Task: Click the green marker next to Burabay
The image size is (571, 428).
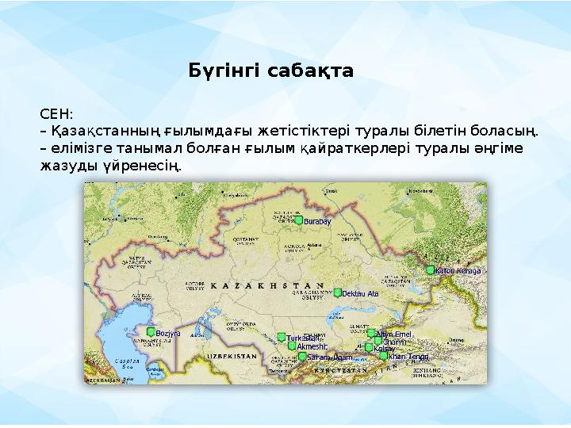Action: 299,221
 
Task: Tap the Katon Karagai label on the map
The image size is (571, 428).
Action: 458,270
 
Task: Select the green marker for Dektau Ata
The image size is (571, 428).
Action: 338,293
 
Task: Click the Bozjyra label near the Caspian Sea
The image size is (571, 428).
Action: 169,333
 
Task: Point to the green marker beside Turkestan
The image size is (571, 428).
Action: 281,338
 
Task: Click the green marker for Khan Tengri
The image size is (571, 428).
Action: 384,357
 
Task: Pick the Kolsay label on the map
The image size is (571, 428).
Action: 385,349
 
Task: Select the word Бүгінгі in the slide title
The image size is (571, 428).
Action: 224,71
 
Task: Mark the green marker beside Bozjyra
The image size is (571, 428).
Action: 150,332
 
